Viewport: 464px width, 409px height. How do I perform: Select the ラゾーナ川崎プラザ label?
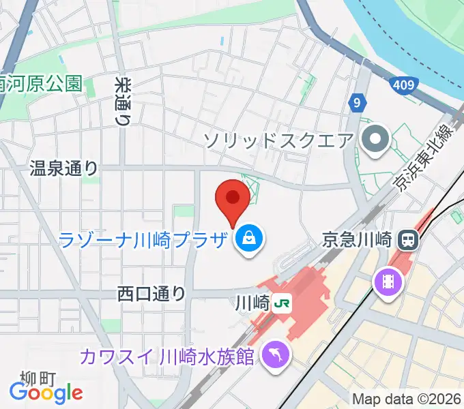click(143, 239)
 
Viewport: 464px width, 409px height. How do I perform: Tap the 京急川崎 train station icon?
click(409, 239)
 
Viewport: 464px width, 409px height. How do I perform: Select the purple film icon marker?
click(387, 281)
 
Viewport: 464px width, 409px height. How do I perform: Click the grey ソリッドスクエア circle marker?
click(375, 141)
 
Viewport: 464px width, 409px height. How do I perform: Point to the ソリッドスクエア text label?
click(278, 141)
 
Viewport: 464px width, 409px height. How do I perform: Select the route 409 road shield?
click(403, 85)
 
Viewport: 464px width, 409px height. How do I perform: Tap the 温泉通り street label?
click(64, 169)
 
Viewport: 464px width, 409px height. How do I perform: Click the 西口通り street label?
click(151, 294)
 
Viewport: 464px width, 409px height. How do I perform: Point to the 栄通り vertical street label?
click(123, 100)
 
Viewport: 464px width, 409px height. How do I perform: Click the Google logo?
click(46, 392)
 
